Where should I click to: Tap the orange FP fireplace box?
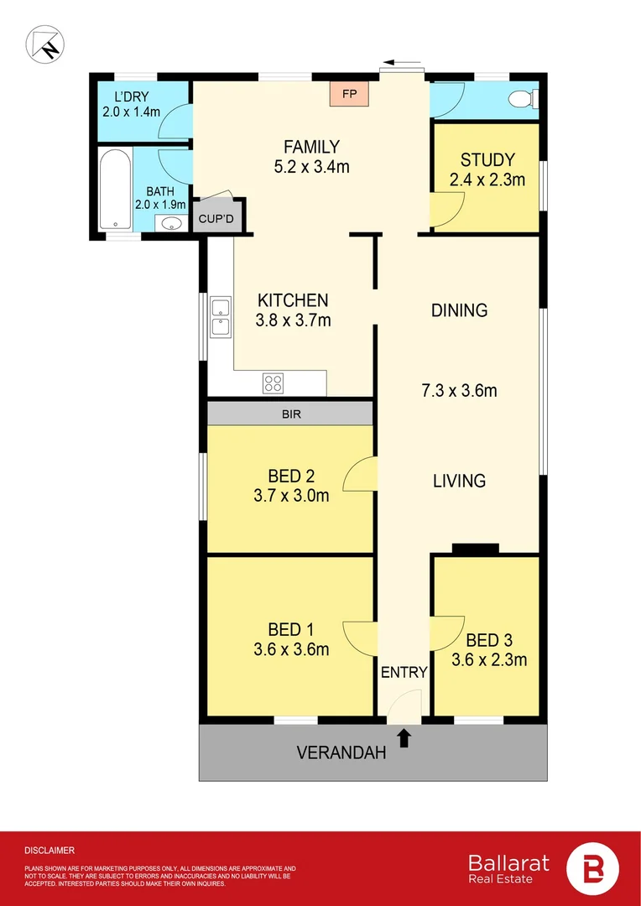pyautogui.click(x=349, y=93)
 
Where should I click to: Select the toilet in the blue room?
pyautogui.click(x=523, y=100)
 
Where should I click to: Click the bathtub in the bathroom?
pyautogui.click(x=114, y=189)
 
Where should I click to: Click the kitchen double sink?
pyautogui.click(x=221, y=316)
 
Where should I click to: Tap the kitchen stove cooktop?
pyautogui.click(x=273, y=383)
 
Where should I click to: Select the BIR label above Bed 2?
pyautogui.click(x=290, y=414)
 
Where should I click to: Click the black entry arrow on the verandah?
pyautogui.click(x=404, y=737)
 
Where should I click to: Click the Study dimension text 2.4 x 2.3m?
pyautogui.click(x=487, y=180)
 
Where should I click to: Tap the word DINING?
pyautogui.click(x=459, y=310)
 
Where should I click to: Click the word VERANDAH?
pyautogui.click(x=341, y=752)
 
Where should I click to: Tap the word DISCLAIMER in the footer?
pyautogui.click(x=50, y=850)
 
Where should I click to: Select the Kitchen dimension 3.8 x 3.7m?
pyautogui.click(x=293, y=320)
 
